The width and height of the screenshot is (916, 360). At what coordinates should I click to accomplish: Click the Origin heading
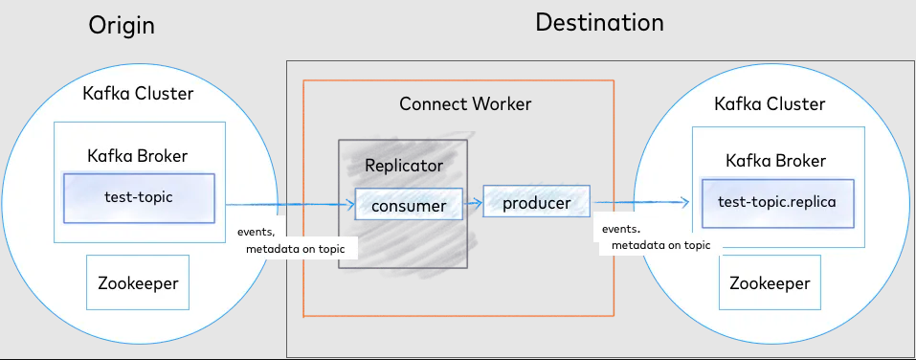[122, 26]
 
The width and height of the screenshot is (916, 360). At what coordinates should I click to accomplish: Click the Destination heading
[599, 23]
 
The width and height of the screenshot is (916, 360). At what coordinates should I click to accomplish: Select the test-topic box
[139, 198]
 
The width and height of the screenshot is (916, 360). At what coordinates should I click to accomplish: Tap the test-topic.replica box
[777, 203]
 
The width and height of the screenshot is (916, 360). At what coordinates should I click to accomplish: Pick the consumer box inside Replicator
[409, 205]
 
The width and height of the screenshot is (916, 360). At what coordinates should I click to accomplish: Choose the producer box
[536, 202]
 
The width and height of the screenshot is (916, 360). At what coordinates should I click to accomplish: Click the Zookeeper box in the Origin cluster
[138, 282]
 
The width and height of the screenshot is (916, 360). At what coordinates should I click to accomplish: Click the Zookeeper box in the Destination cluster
[770, 282]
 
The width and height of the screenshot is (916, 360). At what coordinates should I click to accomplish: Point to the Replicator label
[404, 166]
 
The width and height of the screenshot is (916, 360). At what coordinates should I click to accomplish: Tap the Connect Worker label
[465, 104]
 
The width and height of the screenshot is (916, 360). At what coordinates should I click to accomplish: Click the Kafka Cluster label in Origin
[138, 93]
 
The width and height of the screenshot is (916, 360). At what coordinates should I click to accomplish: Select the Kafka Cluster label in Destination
[770, 104]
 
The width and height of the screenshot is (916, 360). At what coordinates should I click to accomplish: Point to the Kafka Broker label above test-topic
[137, 156]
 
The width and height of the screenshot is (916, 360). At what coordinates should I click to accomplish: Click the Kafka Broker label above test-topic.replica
[776, 161]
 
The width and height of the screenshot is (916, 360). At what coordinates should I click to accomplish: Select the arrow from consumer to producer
[473, 203]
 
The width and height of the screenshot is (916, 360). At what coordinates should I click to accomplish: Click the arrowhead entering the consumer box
[350, 205]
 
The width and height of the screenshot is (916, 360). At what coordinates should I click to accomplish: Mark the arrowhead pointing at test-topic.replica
[684, 202]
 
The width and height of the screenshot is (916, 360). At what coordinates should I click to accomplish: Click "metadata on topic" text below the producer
[660, 245]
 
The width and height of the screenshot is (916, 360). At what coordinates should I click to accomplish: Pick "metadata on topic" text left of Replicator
[295, 249]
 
